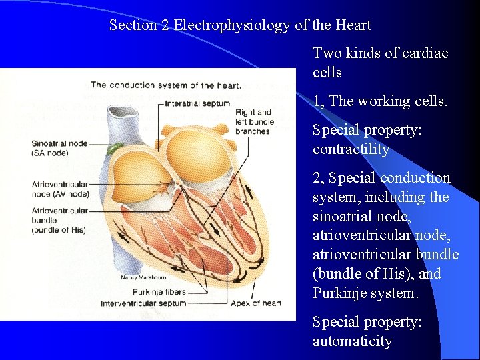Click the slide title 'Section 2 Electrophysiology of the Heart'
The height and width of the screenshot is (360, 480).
point(240,25)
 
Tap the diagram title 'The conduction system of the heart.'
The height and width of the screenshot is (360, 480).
point(166,85)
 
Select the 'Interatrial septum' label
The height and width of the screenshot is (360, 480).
point(197,103)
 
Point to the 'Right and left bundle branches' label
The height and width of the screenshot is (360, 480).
point(253,121)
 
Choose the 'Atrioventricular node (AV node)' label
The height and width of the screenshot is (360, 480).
point(59,189)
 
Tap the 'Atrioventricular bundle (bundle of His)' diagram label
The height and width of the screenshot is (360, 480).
point(59,220)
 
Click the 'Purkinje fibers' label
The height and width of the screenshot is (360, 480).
point(158,292)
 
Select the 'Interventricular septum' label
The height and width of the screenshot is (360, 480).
point(143,303)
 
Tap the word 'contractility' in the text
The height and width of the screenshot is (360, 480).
point(351,149)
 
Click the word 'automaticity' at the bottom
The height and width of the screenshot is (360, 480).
point(352,341)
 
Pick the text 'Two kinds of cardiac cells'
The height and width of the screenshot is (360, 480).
point(380,62)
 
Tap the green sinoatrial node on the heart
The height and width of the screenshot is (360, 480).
point(117,148)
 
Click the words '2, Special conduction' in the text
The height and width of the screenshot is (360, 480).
point(381,178)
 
